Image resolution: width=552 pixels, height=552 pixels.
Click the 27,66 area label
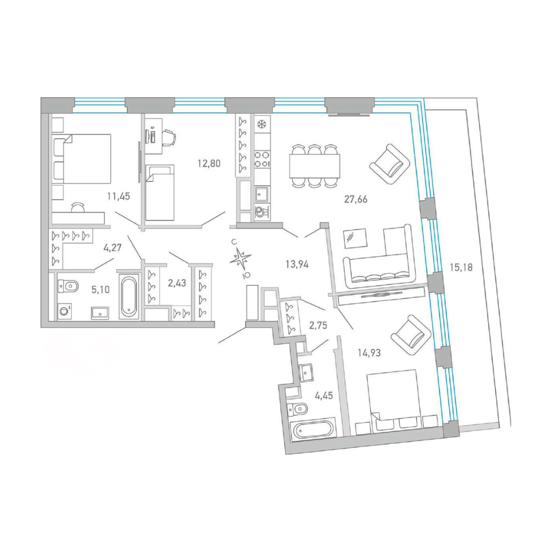point(356,199)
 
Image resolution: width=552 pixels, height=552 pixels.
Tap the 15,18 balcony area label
point(461,267)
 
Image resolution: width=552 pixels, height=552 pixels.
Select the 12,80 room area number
point(209,164)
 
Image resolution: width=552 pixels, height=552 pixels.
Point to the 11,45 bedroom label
point(119,196)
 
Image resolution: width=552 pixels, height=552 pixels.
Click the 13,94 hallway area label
point(297,264)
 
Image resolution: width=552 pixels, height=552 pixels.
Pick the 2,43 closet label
point(177,283)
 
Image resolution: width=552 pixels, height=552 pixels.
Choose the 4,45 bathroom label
point(324,396)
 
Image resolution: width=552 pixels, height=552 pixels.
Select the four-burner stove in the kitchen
point(262,159)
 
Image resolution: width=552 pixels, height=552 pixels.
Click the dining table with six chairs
point(315,166)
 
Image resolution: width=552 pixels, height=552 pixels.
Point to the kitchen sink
point(262,193)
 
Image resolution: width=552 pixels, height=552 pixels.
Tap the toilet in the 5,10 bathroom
point(67,286)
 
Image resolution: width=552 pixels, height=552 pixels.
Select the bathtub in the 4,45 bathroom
point(313,429)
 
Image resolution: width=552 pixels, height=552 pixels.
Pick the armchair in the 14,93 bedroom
point(411,336)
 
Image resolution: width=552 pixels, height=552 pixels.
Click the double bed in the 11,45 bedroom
point(82,158)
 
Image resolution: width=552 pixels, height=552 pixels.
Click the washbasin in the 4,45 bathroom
point(306,373)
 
